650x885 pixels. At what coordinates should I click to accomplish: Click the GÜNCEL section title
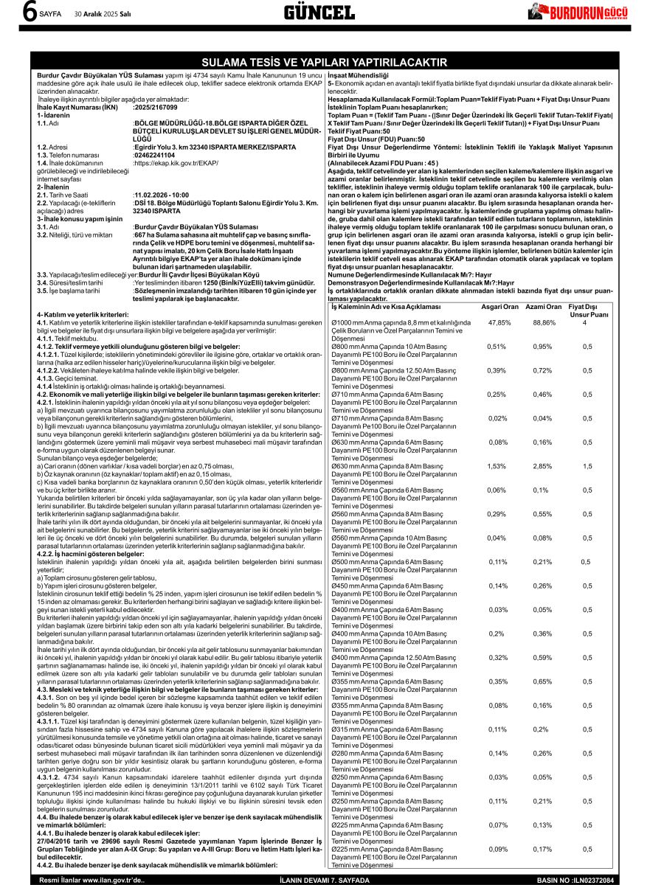pos(319,13)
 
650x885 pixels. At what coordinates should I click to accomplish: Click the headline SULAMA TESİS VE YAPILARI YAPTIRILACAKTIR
pos(325,62)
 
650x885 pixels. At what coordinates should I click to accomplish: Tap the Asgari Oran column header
pos(499,307)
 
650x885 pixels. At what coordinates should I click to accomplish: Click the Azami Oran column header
pos(544,307)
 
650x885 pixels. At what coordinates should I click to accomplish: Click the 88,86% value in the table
pos(544,322)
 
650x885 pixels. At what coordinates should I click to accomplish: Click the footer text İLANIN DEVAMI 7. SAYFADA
pos(325,880)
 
